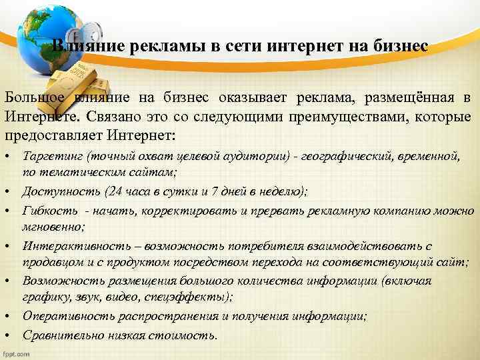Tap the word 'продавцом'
pos(50,263)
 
